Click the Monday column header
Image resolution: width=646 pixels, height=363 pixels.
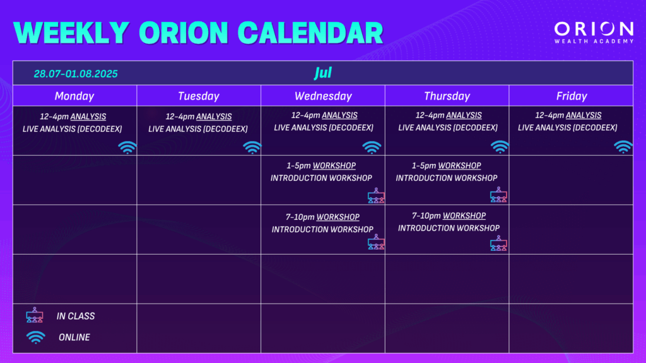tap(74, 96)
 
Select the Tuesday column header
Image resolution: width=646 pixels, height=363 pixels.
tap(199, 96)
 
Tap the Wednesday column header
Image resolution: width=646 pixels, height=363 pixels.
tap(323, 96)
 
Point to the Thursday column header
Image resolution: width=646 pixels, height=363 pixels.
tap(447, 96)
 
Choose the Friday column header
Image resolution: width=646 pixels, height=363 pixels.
tap(572, 96)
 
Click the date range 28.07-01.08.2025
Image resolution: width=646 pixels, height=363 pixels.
tap(76, 74)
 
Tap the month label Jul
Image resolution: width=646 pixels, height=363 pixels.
tap(323, 73)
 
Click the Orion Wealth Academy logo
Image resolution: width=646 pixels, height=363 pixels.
tap(594, 33)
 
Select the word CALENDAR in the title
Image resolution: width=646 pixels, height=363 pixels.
tap(310, 33)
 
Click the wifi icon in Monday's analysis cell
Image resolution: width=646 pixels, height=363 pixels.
tap(127, 147)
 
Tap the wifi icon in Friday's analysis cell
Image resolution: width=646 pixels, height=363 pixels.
tap(623, 146)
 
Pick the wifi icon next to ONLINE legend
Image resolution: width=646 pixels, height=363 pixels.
tap(36, 337)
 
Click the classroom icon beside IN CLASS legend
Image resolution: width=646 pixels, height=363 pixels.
tap(35, 315)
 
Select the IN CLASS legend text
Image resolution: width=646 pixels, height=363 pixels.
tap(76, 316)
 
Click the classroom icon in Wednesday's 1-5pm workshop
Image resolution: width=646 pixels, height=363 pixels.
tap(376, 195)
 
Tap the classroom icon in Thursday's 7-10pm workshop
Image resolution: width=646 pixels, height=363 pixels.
tap(498, 243)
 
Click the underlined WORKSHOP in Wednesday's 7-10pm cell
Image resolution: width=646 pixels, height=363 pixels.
tap(338, 217)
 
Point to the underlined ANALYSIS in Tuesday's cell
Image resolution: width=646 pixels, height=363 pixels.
tap(214, 117)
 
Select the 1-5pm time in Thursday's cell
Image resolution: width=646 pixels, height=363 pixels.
tap(424, 166)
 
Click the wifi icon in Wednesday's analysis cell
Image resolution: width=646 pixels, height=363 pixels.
tap(372, 147)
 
